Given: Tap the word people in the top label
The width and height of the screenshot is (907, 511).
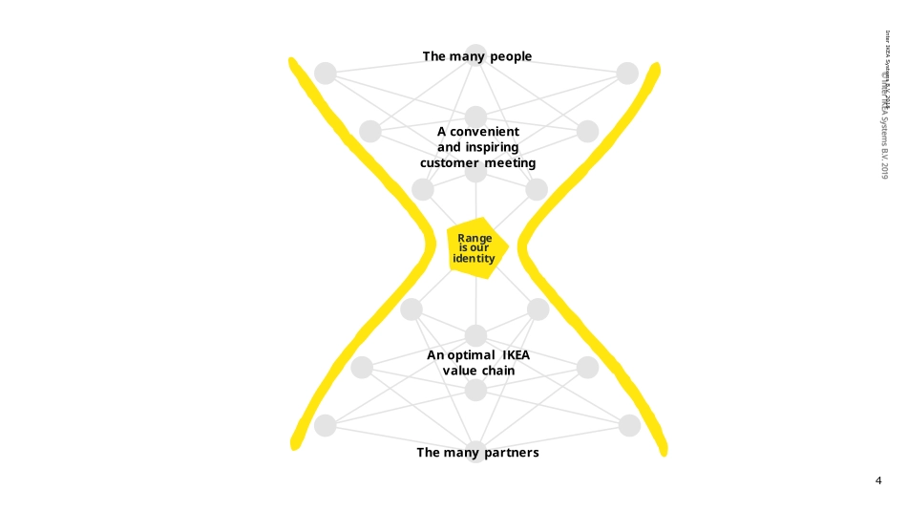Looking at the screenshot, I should [508, 57].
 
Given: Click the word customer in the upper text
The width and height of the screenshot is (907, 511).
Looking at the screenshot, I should [449, 163].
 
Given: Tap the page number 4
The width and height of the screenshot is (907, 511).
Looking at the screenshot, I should [878, 480].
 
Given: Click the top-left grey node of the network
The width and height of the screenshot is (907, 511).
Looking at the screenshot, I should [326, 74].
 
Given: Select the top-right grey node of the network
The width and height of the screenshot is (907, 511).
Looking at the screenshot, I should [627, 74].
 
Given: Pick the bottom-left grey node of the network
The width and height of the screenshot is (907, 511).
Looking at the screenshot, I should [326, 426].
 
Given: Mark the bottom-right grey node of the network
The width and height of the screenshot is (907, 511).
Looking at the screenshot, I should [629, 426].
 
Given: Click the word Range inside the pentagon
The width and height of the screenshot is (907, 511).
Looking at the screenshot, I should [475, 238].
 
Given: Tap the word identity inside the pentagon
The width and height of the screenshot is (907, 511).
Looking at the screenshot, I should [474, 259].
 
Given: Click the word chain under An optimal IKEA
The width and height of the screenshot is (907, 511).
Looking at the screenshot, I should [497, 371].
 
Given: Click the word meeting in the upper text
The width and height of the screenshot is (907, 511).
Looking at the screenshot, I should [510, 163].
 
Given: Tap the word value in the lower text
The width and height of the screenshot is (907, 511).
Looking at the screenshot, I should [459, 371].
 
